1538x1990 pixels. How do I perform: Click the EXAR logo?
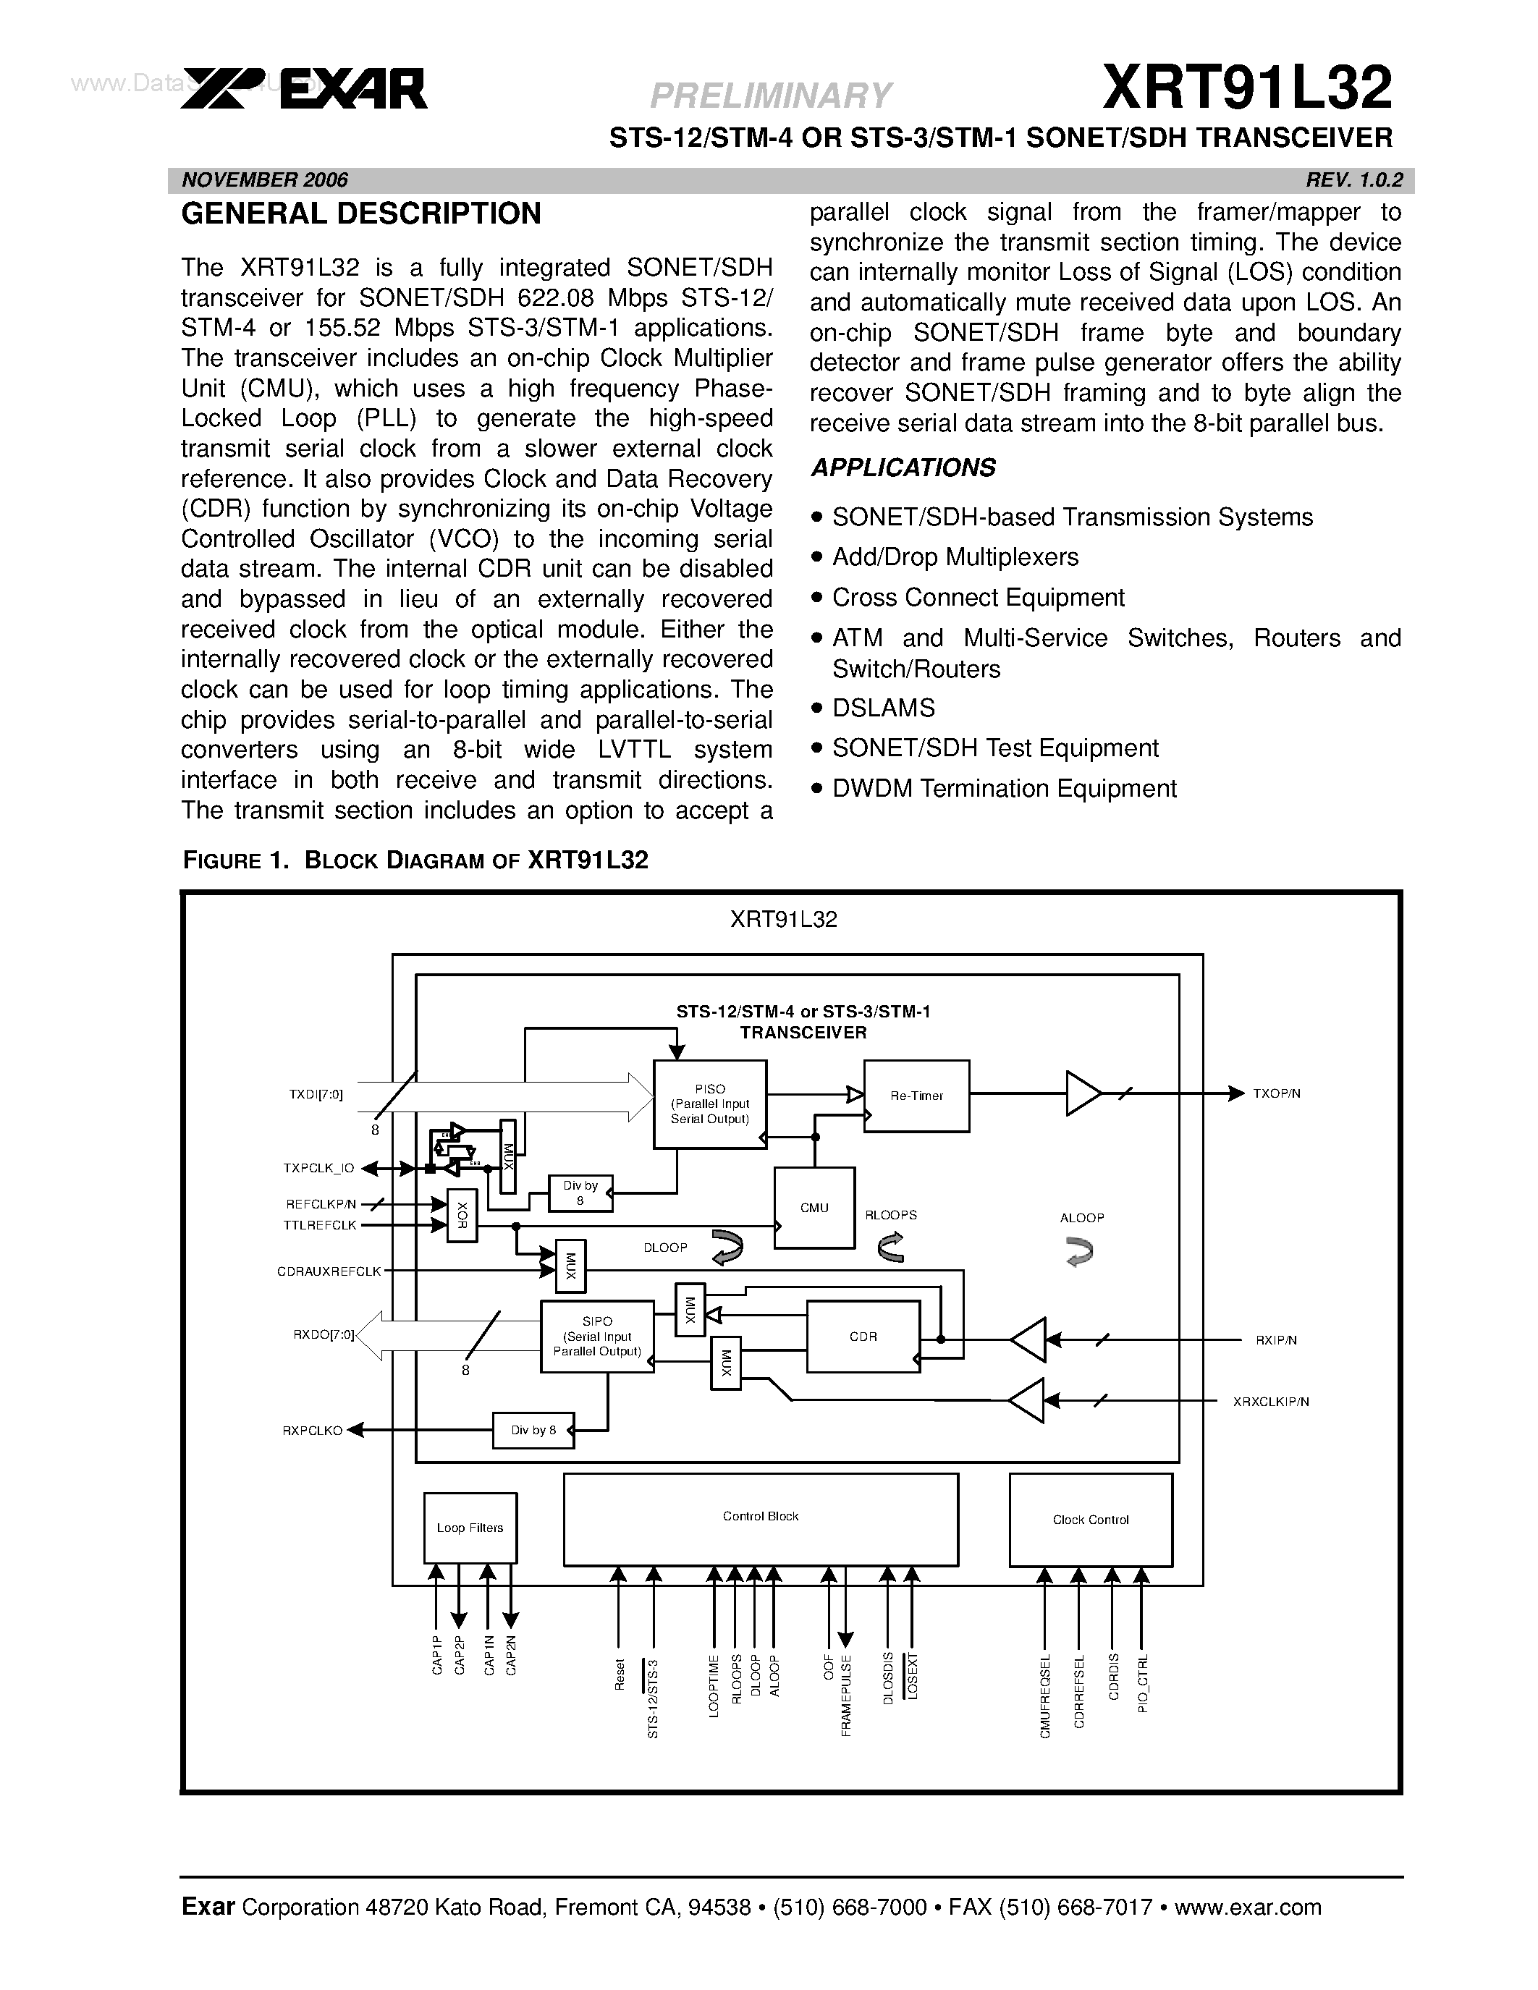(303, 89)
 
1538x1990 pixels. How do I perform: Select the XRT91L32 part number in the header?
(1246, 88)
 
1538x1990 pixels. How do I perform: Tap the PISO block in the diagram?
(710, 1104)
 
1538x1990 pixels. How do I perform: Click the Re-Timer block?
(916, 1096)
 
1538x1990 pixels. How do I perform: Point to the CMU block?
(814, 1207)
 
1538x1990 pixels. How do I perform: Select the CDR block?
(862, 1337)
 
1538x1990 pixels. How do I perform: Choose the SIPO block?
(597, 1337)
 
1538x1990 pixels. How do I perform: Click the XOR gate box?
(462, 1214)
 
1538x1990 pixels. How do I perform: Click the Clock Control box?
(1090, 1520)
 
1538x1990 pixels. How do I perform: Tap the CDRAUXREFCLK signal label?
(329, 1271)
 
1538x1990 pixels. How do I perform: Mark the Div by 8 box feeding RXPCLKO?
(533, 1430)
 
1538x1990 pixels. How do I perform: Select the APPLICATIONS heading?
(903, 467)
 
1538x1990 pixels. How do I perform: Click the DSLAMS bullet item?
(883, 708)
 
